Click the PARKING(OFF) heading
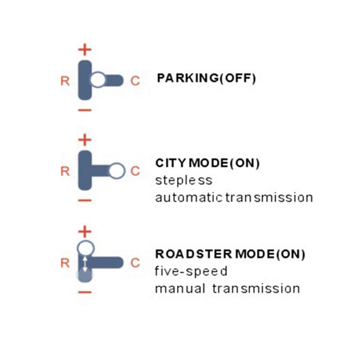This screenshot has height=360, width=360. tap(206, 78)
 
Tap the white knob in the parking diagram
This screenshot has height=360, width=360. tap(98, 80)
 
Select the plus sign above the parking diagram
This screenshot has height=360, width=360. tap(85, 50)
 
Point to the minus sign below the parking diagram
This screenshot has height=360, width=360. tap(85, 110)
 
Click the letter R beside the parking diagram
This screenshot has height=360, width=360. tap(65, 81)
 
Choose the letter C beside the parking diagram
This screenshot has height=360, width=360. tap(136, 81)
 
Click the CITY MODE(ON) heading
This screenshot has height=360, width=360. tap(208, 164)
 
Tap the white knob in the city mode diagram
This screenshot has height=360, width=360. tap(117, 171)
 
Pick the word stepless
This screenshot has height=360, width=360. tap(184, 180)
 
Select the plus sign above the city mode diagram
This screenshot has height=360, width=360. tap(85, 140)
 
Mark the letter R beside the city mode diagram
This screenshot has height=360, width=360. tap(65, 172)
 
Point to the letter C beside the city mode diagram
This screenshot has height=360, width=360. tap(136, 172)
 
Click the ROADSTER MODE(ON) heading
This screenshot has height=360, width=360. tap(230, 254)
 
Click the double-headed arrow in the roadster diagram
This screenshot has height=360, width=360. tap(85, 264)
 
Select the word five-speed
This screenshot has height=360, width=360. tap(191, 272)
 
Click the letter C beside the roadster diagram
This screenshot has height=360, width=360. tap(136, 263)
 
